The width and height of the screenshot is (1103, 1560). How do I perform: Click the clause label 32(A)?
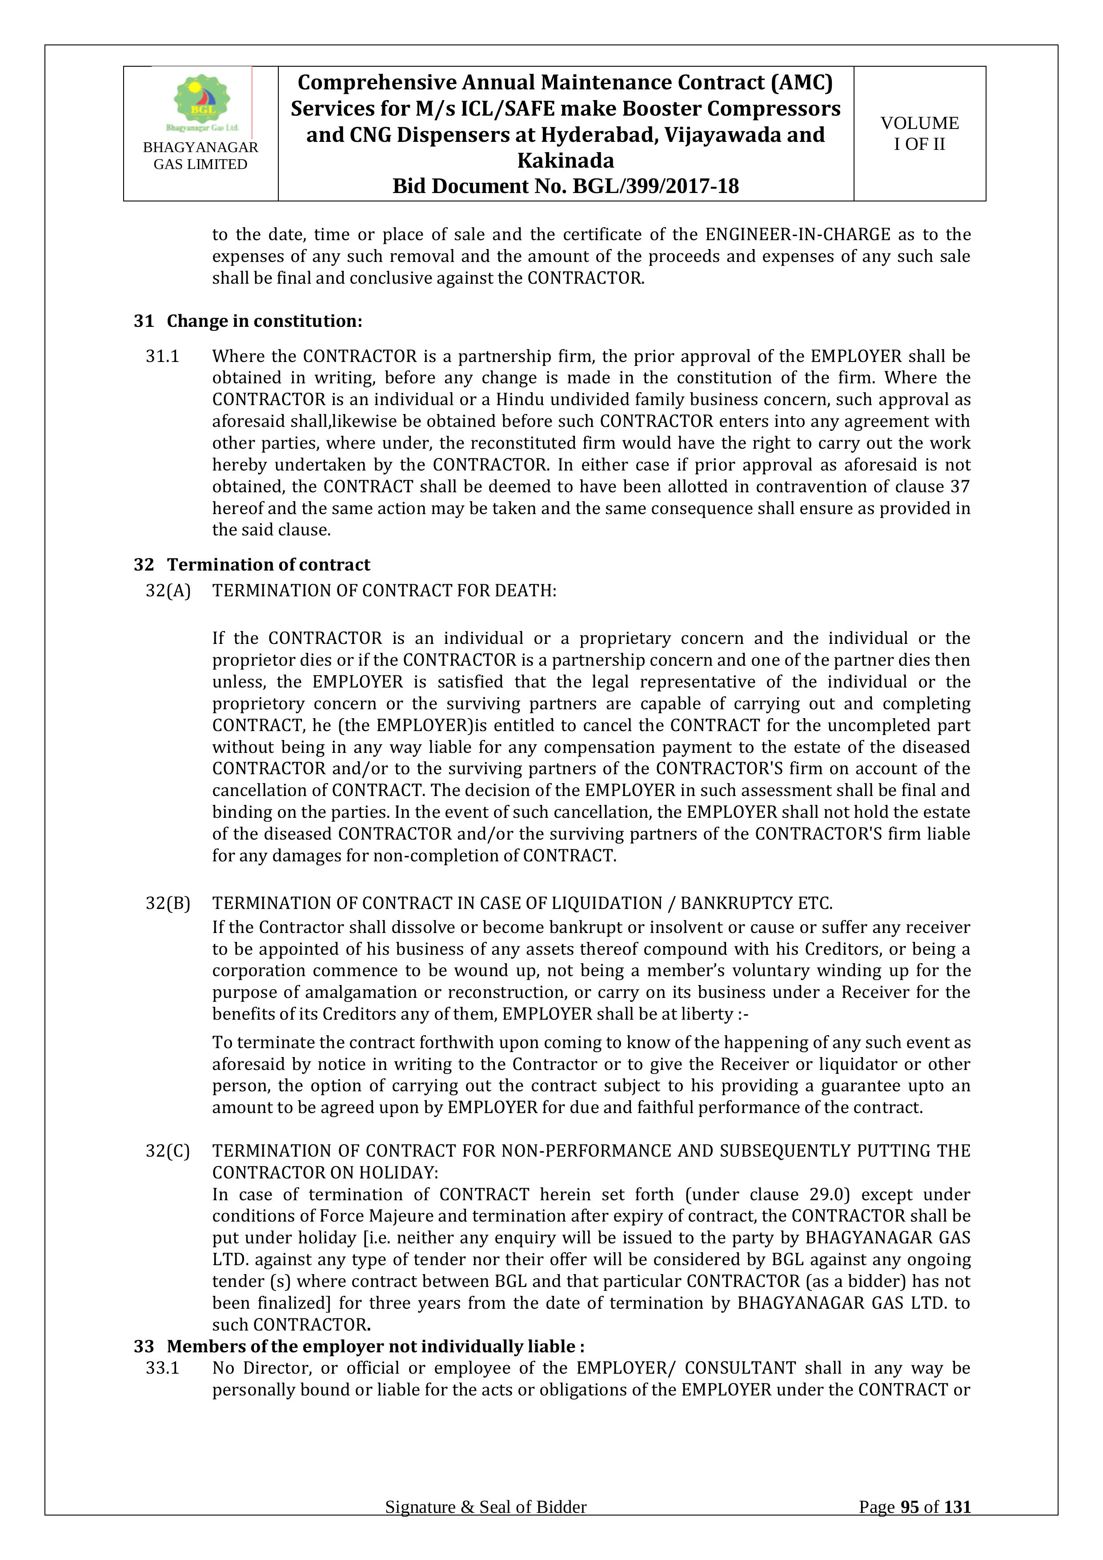[x=168, y=591]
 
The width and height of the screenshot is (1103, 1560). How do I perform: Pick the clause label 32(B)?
[x=168, y=903]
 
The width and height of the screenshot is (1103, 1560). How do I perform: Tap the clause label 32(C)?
[x=168, y=1151]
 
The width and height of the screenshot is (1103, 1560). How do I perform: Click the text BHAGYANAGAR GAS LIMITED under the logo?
[x=201, y=156]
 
